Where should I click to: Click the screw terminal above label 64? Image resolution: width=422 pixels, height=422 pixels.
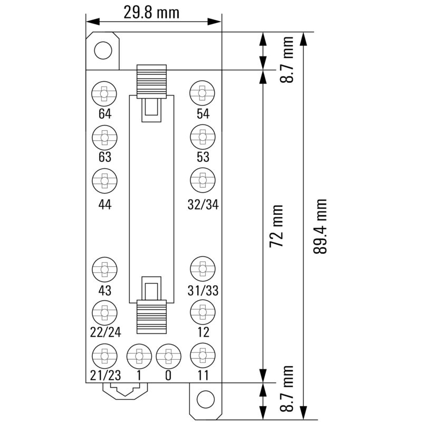[105, 94]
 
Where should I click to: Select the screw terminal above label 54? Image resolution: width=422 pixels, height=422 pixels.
[203, 94]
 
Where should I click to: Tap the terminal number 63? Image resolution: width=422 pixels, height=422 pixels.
[105, 157]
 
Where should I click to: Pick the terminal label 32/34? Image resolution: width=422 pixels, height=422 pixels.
[203, 205]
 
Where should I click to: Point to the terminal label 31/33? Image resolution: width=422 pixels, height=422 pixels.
[203, 291]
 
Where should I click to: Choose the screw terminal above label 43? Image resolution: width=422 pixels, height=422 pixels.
[105, 270]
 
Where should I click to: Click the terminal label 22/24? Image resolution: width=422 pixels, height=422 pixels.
[105, 333]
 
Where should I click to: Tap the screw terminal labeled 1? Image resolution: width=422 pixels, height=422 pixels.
[139, 357]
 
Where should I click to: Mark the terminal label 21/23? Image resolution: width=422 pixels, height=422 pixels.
[105, 376]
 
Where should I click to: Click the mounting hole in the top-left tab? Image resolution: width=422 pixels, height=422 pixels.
[103, 51]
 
